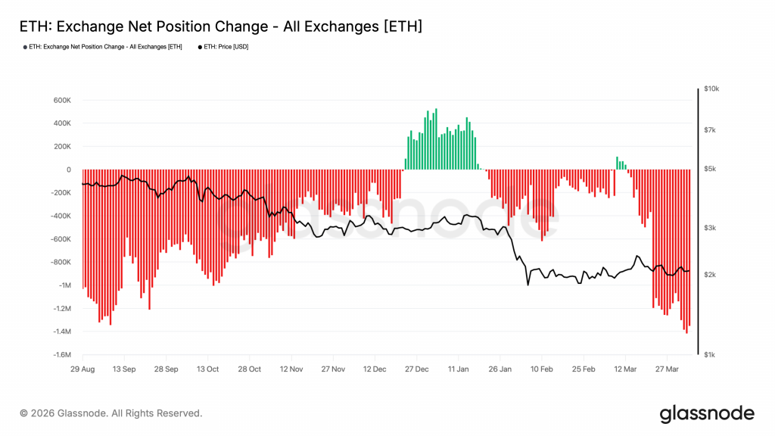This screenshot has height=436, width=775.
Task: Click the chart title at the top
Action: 219,26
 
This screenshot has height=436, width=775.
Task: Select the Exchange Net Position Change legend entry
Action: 104,47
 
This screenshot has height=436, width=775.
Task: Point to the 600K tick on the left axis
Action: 61,100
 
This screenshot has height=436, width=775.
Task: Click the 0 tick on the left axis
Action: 68,170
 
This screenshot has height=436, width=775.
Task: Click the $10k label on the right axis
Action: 711,89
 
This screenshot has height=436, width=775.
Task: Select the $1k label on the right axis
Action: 710,355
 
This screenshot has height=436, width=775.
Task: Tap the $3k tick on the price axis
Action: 710,228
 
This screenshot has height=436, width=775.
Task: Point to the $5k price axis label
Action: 710,169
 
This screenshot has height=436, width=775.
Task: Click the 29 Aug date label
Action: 82,369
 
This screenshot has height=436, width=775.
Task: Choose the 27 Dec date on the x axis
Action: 417,369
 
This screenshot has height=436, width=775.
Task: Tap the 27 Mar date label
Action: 667,369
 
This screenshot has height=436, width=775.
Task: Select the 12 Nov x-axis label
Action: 291,369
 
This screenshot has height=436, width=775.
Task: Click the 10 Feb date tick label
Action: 541,369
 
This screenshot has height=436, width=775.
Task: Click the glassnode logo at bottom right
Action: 707,413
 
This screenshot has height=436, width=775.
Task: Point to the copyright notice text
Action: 111,413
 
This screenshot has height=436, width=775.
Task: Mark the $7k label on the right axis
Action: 710,130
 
